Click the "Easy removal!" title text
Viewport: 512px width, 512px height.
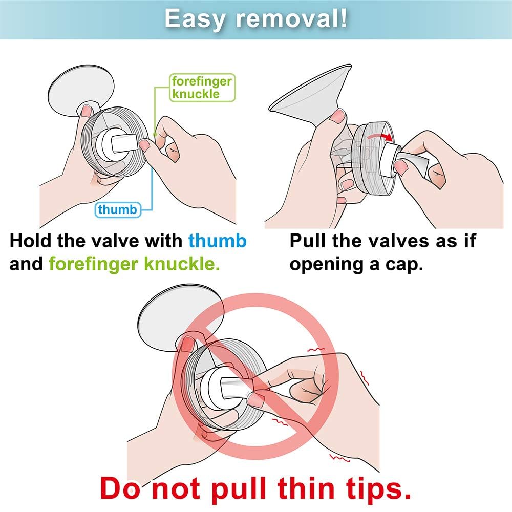coord(255,18)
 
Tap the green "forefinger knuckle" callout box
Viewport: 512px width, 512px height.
coord(202,88)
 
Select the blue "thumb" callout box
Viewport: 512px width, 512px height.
coord(118,209)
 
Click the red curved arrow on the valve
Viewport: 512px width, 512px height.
coord(379,137)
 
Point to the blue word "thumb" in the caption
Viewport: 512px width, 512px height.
coord(218,241)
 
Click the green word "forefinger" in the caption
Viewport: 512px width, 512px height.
coord(94,264)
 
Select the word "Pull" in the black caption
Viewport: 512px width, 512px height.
coord(308,241)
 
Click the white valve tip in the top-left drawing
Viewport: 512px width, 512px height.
coord(124,143)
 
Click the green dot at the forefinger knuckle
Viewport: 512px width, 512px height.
coord(155,134)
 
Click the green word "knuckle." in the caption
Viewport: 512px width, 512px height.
coord(182,264)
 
